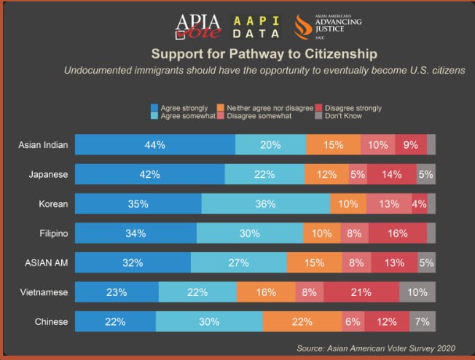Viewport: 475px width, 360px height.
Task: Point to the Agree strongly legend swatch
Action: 154,109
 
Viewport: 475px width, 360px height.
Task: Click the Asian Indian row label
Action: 44,144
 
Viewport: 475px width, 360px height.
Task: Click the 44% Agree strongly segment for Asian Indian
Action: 155,144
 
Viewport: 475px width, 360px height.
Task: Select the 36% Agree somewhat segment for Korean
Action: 266,203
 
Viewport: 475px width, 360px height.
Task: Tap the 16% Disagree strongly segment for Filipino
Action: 397,233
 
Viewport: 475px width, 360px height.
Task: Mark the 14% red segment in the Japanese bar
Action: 391,174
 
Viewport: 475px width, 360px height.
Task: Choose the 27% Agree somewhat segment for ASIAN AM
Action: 238,262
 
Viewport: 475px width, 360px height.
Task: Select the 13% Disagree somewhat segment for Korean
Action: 388,203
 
